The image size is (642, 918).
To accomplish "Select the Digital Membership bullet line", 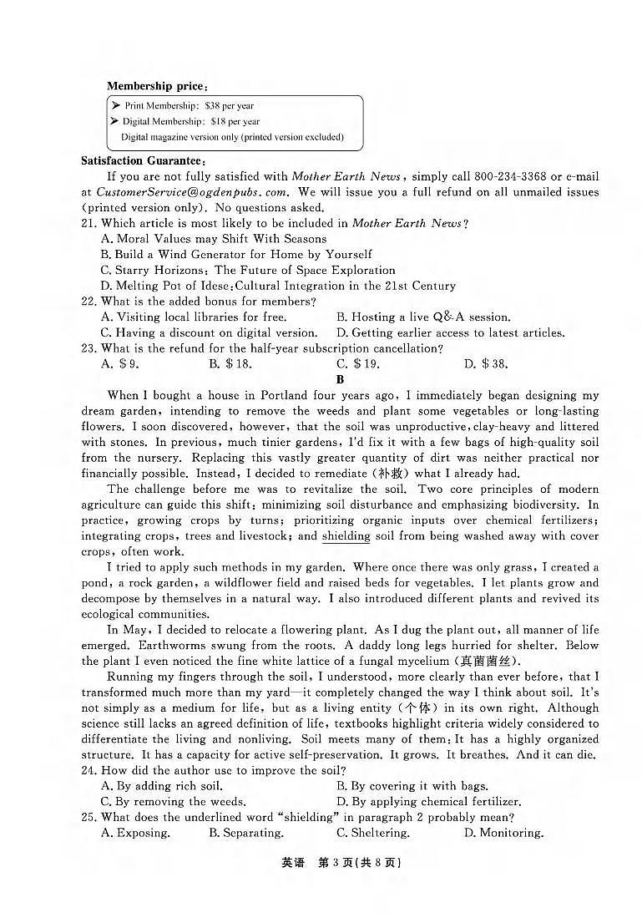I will click(x=191, y=121).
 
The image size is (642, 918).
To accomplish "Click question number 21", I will click(x=88, y=223).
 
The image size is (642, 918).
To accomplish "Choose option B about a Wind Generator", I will click(x=236, y=254).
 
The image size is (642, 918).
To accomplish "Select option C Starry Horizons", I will click(x=248, y=270).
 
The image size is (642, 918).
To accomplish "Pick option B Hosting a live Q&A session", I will click(x=423, y=317).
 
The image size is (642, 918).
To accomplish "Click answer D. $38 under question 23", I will click(x=486, y=363).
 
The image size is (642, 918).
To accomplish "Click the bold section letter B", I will click(x=340, y=379).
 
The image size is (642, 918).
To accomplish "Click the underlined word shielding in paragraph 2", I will click(x=346, y=536).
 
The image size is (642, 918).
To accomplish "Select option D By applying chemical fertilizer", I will click(x=429, y=801).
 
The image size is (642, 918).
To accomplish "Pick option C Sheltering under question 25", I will click(x=373, y=833).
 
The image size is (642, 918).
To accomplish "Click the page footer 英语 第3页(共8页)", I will click(x=341, y=864).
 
